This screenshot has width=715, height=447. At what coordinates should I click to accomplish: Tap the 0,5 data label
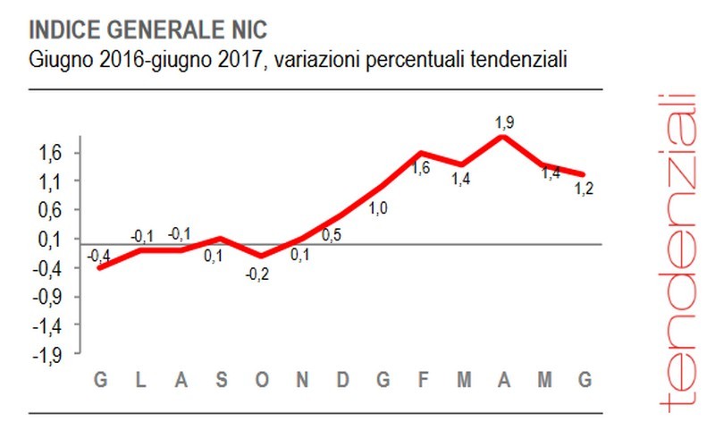[x=332, y=236]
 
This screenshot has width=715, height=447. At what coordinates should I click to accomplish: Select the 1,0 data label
[x=378, y=209]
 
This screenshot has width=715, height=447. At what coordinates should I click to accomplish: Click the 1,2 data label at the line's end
[x=585, y=189]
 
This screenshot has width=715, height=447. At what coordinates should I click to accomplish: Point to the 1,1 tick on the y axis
[x=49, y=181]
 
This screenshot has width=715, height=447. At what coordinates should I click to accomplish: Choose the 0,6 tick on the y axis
[x=49, y=210]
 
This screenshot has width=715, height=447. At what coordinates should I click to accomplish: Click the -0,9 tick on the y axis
[x=46, y=297]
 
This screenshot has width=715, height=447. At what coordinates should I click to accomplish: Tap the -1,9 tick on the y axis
[x=46, y=355]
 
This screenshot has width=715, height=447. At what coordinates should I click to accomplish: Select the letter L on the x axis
[x=140, y=381]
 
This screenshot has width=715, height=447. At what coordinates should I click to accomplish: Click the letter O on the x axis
[x=262, y=381]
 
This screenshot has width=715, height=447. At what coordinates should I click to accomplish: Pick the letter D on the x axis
[x=343, y=381]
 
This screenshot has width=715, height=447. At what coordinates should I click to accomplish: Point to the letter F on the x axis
[x=424, y=381]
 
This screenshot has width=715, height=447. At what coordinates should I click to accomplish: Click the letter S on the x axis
[x=222, y=381]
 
